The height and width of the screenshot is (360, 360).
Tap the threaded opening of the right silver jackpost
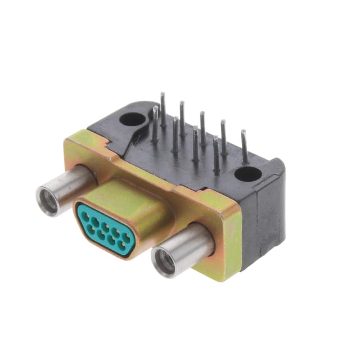pyautogui.click(x=165, y=260)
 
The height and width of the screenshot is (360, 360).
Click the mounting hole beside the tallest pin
pyautogui.click(x=132, y=119)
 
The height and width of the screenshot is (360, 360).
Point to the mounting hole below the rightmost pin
pyautogui.click(x=247, y=174)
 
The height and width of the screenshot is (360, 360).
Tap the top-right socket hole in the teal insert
pyautogui.click(x=127, y=237)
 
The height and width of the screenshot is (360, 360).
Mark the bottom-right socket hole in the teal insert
pyautogui.click(x=122, y=246)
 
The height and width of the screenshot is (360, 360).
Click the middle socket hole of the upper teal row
pyautogui.click(x=105, y=224)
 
